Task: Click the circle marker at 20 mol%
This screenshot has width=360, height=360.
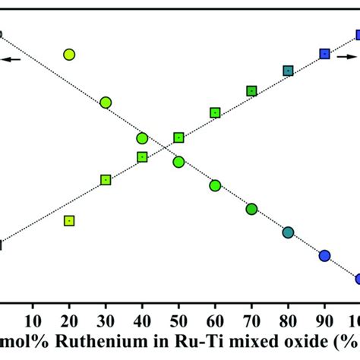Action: (69, 54)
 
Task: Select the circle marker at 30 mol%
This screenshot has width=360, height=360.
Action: (106, 103)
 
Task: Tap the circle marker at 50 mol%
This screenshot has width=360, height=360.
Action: (178, 162)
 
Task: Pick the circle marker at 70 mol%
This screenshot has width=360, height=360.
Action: (251, 209)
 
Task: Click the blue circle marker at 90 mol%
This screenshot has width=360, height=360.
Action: (324, 255)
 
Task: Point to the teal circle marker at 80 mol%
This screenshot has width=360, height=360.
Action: (288, 232)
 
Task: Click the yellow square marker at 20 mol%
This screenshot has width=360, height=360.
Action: (69, 221)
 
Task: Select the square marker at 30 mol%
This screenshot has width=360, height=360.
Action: (106, 180)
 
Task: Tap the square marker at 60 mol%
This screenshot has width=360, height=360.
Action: (215, 112)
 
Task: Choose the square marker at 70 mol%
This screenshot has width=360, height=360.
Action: (251, 91)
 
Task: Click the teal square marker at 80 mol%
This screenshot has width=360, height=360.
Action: (288, 71)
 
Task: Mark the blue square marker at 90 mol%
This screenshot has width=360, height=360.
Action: (324, 53)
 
